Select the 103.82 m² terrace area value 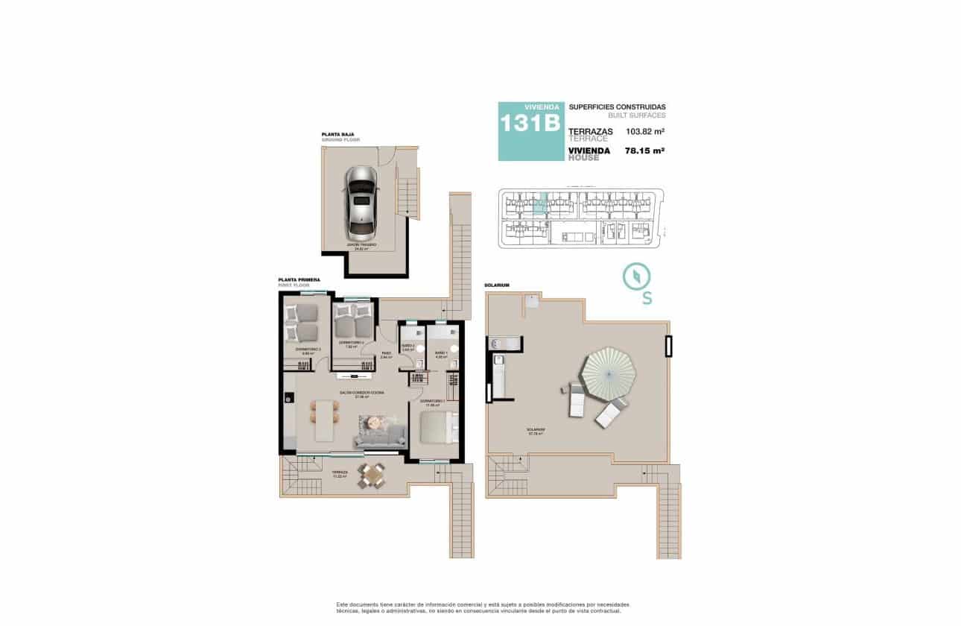click(645, 132)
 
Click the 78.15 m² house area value click(645, 151)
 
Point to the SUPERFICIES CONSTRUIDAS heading click(617, 107)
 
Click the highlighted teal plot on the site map click(542, 203)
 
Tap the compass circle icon click(637, 276)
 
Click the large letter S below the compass click(647, 299)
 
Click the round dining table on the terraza click(371, 475)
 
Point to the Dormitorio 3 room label click(308, 349)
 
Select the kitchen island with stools click(324, 420)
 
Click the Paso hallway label click(386, 353)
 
